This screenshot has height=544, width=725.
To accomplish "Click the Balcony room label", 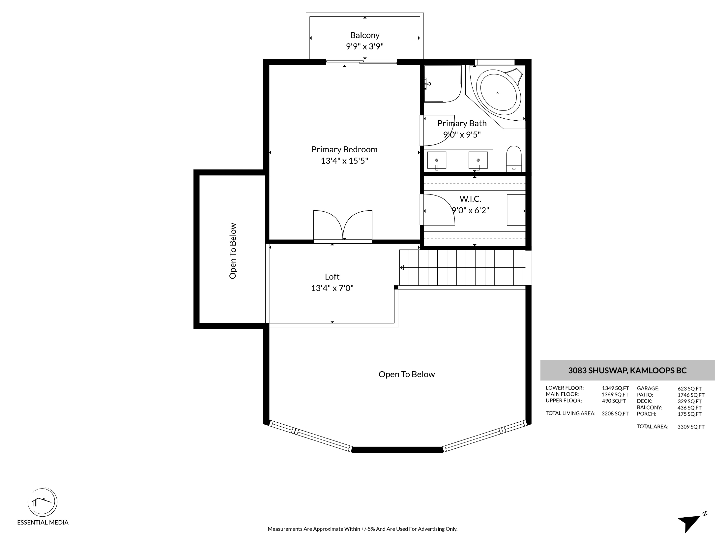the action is click(x=365, y=35).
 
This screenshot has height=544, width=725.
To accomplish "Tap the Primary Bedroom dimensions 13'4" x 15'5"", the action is click(x=344, y=161).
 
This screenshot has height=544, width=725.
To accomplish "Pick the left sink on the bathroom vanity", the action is click(x=437, y=161).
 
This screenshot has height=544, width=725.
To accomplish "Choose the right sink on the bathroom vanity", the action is click(x=478, y=161).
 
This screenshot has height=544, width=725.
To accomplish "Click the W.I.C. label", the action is click(x=470, y=199).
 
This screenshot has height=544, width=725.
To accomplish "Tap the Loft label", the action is click(x=332, y=277).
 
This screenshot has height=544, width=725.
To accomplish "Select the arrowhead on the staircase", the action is click(x=402, y=267).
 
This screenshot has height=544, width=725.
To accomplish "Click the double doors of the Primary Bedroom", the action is click(x=343, y=226).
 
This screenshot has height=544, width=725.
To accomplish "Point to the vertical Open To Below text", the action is click(x=233, y=251).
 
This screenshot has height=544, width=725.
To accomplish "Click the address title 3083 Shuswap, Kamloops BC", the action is click(x=627, y=370).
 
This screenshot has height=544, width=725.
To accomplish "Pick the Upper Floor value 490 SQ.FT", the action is click(x=614, y=401).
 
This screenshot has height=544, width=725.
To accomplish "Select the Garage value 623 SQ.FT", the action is click(x=689, y=389).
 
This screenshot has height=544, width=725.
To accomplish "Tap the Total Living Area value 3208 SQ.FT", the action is click(x=615, y=413).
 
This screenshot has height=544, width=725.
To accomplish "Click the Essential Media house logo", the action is click(x=42, y=502).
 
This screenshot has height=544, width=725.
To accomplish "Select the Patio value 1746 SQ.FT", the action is click(x=691, y=395).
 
